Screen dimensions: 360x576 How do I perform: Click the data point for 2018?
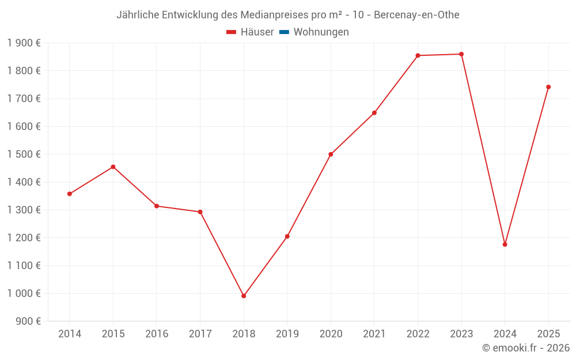pyautogui.click(x=244, y=296)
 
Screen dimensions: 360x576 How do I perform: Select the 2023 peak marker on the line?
pyautogui.click(x=461, y=54)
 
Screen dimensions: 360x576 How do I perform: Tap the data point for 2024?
pyautogui.click(x=505, y=244)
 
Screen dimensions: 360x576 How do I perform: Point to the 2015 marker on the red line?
pyautogui.click(x=113, y=167)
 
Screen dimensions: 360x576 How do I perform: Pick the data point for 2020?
pyautogui.click(x=331, y=154)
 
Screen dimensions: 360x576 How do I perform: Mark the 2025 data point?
pyautogui.click(x=548, y=87)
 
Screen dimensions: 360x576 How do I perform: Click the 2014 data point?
pyautogui.click(x=70, y=194)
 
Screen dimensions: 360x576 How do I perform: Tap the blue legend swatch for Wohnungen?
pyautogui.click(x=284, y=32)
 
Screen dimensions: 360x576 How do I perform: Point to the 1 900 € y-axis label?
pyautogui.click(x=24, y=43)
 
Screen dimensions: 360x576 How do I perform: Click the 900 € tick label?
pyautogui.click(x=27, y=321)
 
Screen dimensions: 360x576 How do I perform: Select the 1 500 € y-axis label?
pyautogui.click(x=24, y=154)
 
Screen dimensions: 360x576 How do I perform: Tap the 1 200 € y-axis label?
pyautogui.click(x=24, y=238)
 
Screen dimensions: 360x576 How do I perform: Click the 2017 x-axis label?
pyautogui.click(x=200, y=334)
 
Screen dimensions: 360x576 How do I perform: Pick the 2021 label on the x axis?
pyautogui.click(x=374, y=334)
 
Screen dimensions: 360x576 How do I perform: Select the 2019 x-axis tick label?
pyautogui.click(x=287, y=334)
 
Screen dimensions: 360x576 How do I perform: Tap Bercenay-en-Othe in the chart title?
pyautogui.click(x=416, y=15)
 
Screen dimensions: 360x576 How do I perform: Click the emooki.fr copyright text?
pyautogui.click(x=526, y=348)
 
